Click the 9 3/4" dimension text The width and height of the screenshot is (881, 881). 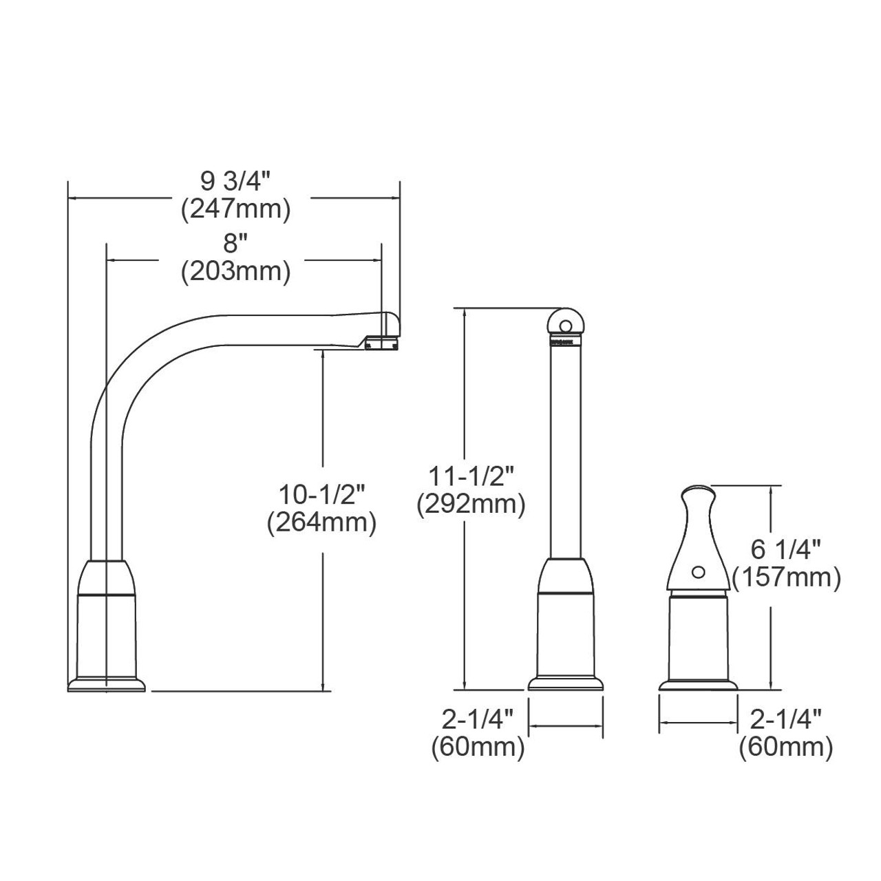pyautogui.click(x=235, y=182)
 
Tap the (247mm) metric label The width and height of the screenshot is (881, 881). pyautogui.click(x=235, y=209)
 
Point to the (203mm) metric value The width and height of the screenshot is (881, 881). pyautogui.click(x=235, y=271)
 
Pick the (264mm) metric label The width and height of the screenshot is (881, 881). pyautogui.click(x=321, y=522)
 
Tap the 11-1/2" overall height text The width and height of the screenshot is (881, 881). pyautogui.click(x=471, y=476)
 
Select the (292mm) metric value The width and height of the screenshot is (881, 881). pyautogui.click(x=471, y=504)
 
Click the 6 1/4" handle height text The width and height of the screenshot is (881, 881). pyautogui.click(x=786, y=550)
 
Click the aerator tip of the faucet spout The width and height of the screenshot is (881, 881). pyautogui.click(x=383, y=342)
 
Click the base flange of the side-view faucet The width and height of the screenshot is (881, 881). pyautogui.click(x=107, y=684)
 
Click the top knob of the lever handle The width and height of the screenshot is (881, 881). pyautogui.click(x=696, y=495)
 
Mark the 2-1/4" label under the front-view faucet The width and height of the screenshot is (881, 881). pyautogui.click(x=478, y=720)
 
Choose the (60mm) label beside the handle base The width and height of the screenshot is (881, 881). pyautogui.click(x=785, y=747)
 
